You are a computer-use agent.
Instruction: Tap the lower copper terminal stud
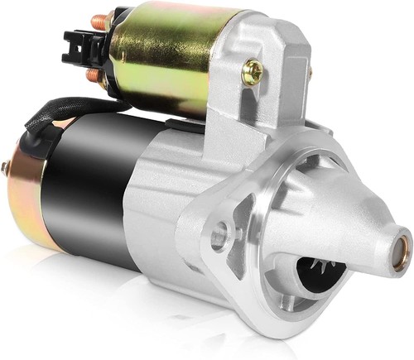click(x=93, y=75)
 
